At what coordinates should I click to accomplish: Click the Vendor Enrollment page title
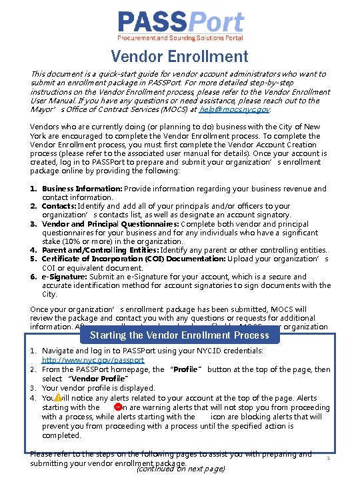coord(179,57)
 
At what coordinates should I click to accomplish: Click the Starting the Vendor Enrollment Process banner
coord(179,335)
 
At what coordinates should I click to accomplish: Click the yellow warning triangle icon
coord(57,397)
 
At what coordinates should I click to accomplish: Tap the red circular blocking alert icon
coord(117,407)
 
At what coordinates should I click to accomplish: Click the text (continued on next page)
coord(180,469)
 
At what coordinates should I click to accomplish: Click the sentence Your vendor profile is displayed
coord(98,388)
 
